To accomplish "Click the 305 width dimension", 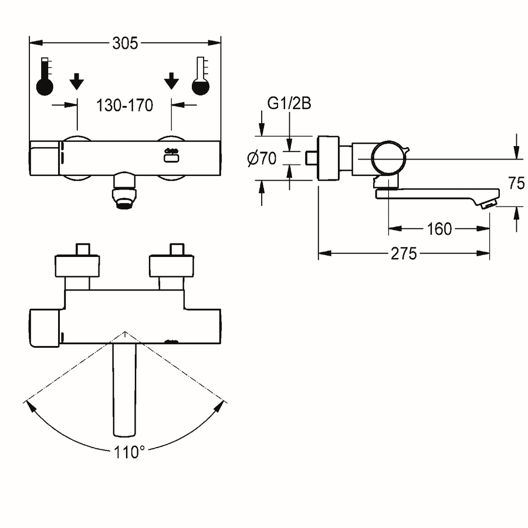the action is click(125, 43).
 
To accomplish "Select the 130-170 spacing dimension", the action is click(124, 106).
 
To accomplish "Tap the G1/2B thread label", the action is click(289, 103).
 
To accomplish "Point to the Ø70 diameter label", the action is click(262, 158).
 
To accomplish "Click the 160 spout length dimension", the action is click(439, 229).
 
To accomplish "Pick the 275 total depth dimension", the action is click(404, 253).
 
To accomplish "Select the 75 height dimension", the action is click(516, 183).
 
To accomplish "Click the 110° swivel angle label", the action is click(130, 452).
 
